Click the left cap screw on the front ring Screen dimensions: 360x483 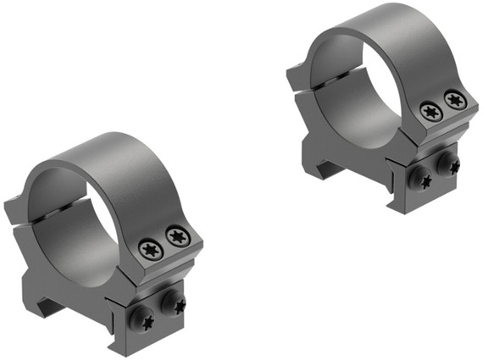152,249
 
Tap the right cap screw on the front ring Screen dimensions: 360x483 177,237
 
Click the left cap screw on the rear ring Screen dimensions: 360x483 430,112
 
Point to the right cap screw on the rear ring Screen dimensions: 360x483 456,100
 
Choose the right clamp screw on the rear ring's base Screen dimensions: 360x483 447,163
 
